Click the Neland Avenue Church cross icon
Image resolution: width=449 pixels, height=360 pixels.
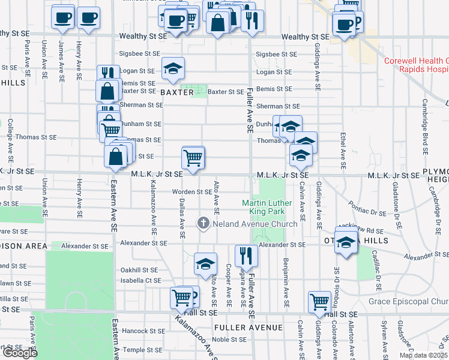[203, 224]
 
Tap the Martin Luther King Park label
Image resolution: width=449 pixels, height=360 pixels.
[270, 208]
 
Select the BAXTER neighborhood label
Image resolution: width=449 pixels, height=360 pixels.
[177, 92]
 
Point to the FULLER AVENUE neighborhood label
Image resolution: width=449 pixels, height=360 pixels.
[247, 328]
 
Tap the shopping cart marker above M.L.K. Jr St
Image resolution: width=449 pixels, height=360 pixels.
[193, 158]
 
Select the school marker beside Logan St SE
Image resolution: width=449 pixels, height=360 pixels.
[173, 70]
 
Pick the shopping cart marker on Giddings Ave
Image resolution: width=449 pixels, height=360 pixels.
[319, 302]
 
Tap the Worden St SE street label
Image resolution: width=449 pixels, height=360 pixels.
[191, 192]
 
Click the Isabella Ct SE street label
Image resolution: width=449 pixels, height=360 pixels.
[140, 280]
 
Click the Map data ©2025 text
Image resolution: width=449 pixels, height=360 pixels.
[424, 355]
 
